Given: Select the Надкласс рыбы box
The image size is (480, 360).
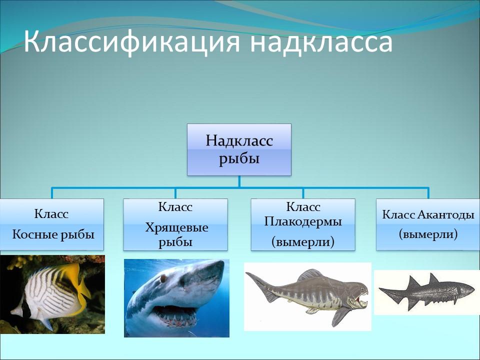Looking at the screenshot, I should tap(239, 149).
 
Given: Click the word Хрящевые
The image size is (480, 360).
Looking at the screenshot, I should tap(176, 228).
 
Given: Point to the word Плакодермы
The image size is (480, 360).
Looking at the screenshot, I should tap(303, 221).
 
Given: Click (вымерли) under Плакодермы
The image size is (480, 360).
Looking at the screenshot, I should tap(303, 242).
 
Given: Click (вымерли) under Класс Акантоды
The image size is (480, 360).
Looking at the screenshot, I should tap(428, 233).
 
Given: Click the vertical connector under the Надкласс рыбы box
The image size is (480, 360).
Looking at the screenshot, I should tap(239, 181).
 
